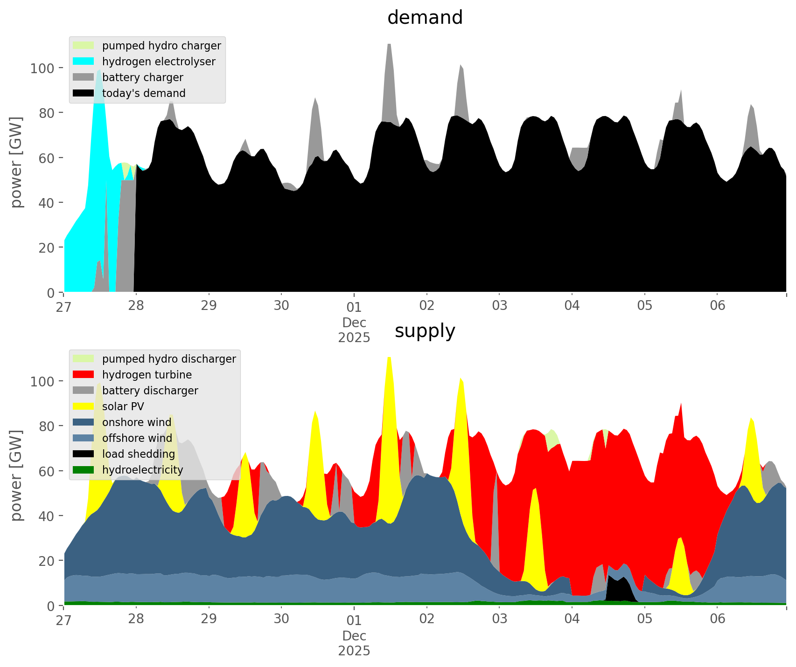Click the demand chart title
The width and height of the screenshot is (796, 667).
coord(425,18)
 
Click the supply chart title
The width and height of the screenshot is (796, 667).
coord(425,331)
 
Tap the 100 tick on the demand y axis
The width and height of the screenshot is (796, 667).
coord(42,69)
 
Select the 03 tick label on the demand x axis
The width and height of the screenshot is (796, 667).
coord(499,306)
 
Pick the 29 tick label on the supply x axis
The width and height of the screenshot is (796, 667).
coord(209,619)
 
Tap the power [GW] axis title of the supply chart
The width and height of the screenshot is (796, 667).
coord(16,475)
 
